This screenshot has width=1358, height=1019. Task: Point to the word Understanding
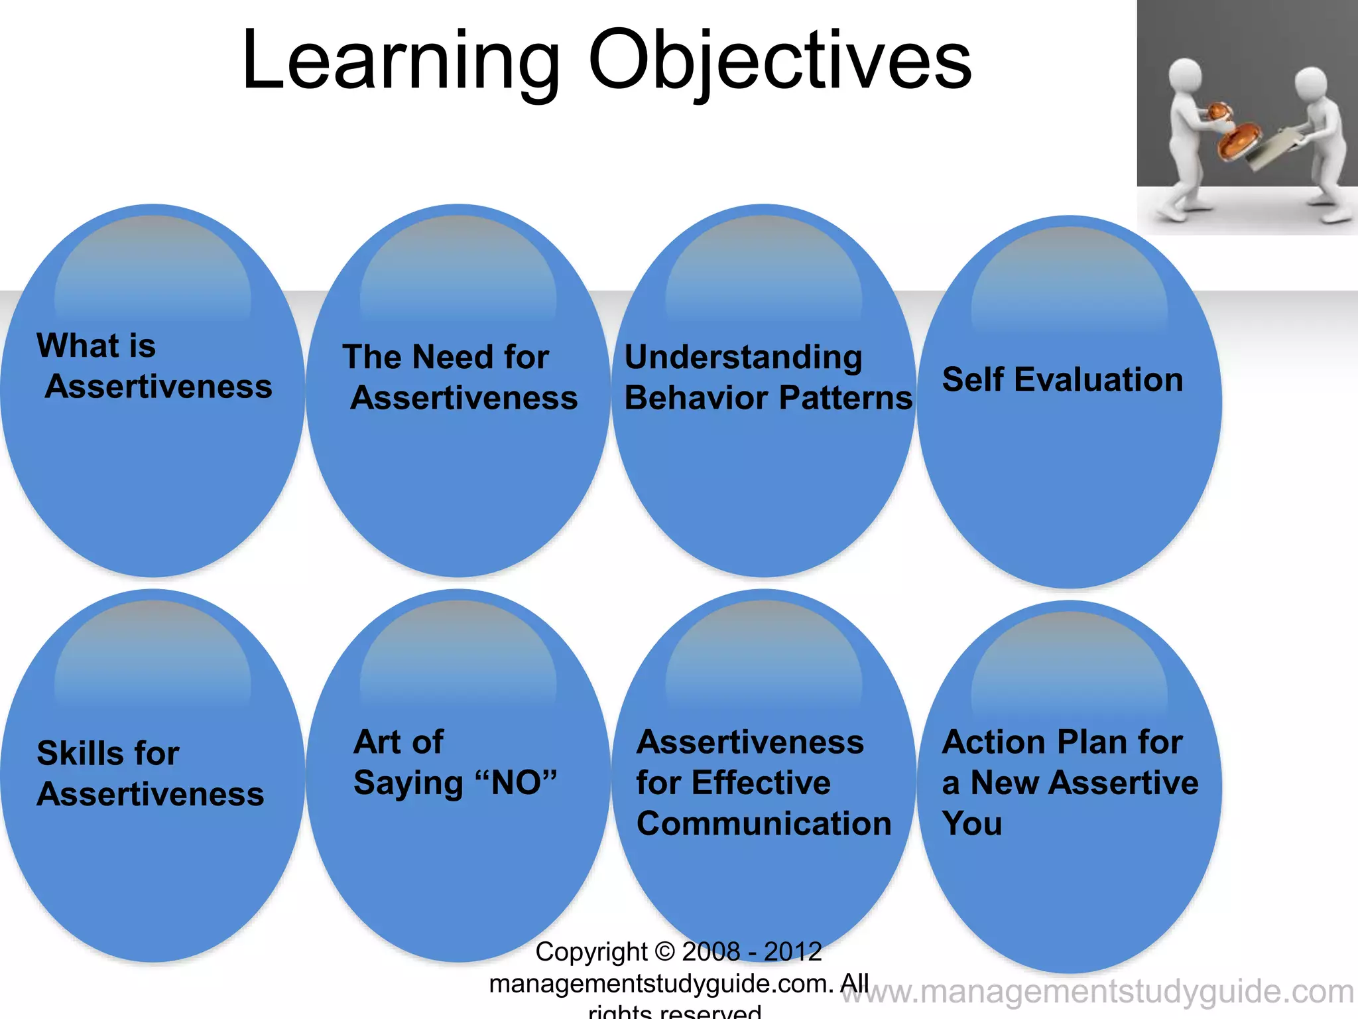(743, 358)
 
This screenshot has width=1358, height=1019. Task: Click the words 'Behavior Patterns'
(768, 398)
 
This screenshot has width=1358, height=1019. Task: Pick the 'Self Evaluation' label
(1062, 380)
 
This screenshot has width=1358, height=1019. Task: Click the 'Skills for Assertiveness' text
(150, 774)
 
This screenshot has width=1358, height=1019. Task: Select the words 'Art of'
(399, 742)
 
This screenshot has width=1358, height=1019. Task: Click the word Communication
(764, 824)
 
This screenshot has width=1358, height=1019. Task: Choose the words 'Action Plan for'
(1062, 742)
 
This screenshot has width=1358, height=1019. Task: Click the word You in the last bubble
(972, 824)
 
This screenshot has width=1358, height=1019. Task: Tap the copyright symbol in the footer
(664, 952)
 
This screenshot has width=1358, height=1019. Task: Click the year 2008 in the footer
(710, 952)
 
